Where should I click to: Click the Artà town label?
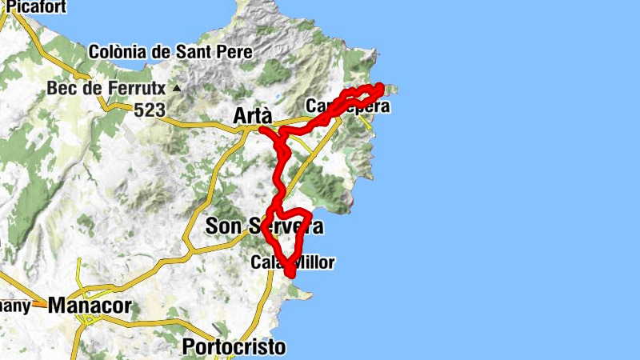click(x=252, y=116)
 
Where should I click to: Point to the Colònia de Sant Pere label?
click(x=170, y=51)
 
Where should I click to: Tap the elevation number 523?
click(x=150, y=110)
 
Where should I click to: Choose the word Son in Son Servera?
click(x=224, y=226)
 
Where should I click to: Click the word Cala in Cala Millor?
click(x=266, y=262)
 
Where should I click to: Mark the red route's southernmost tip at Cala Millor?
click(x=290, y=275)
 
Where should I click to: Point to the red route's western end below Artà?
click(x=262, y=129)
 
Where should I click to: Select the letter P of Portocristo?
click(x=190, y=347)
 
